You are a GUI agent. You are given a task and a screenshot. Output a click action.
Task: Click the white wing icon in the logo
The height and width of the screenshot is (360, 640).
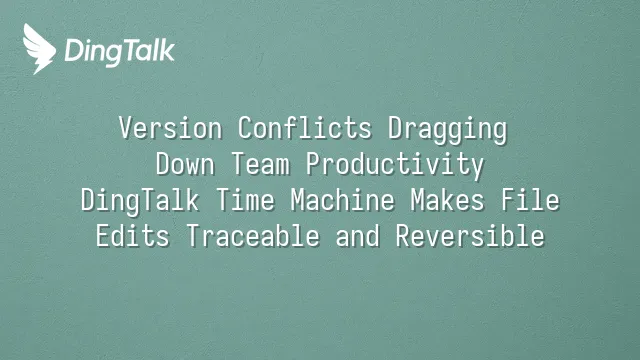39,49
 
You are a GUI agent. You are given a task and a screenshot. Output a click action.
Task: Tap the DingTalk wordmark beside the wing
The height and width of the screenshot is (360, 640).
120,52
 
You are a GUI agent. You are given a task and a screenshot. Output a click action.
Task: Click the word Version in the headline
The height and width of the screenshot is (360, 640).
171,128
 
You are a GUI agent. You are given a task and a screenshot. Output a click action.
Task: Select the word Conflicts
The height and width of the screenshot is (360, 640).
305,128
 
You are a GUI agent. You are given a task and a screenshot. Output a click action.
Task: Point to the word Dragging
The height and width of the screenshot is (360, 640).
447,130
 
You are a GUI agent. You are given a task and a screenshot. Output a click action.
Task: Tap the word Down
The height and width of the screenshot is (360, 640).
185,164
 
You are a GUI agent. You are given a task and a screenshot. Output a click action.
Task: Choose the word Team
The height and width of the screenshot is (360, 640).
260,164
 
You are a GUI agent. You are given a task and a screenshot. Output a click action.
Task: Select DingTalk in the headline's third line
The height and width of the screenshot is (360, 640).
140,202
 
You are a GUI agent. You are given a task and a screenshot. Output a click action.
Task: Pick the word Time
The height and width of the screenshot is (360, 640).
245,200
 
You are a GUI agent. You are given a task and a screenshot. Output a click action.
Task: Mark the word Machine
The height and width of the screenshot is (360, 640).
343,200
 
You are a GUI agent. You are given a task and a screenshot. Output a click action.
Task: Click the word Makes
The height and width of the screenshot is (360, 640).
447,200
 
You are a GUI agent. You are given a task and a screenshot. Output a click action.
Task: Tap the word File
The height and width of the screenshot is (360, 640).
530,200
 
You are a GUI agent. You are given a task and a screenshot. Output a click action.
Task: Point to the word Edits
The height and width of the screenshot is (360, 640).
133,236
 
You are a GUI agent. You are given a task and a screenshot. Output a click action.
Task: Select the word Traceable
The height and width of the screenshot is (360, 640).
253,236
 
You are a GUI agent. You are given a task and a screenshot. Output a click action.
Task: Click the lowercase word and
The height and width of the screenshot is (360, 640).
358,236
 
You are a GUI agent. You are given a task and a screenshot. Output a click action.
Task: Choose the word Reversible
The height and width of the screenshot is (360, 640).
470,236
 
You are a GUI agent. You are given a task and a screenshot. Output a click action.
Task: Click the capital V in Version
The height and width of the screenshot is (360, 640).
126,128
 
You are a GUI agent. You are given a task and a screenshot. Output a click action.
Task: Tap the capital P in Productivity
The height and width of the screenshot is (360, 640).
313,164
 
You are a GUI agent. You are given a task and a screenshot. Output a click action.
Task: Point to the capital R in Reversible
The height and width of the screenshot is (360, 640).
402,236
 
